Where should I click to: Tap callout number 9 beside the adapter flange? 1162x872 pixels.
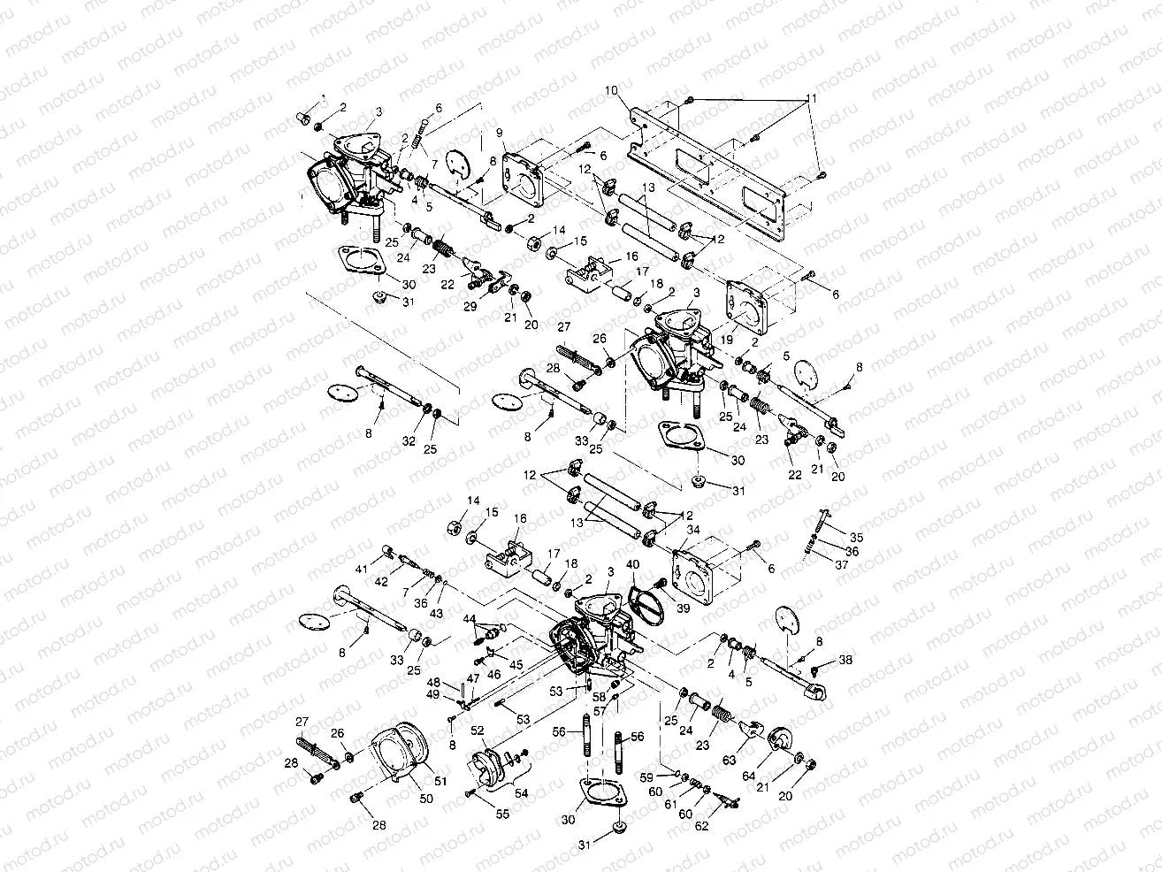click(x=500, y=133)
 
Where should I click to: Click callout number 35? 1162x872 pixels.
click(x=856, y=536)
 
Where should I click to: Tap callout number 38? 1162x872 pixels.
click(x=846, y=660)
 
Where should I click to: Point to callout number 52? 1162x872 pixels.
click(x=477, y=730)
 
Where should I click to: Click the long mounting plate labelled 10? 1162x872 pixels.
click(x=707, y=177)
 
